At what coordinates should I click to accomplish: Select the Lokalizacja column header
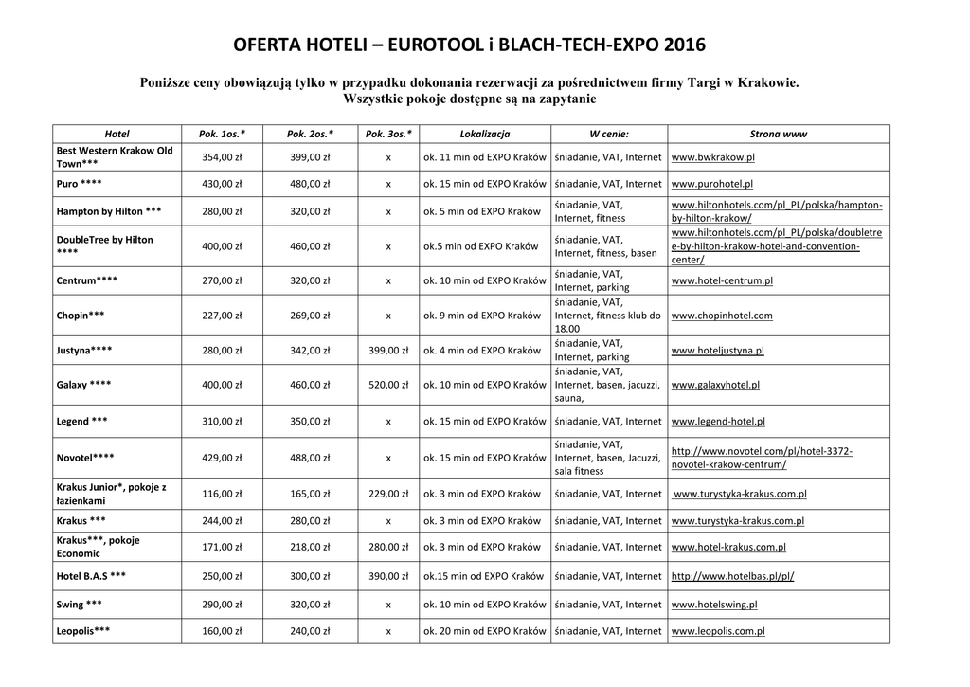coord(484,134)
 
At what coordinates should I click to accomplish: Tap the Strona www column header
coord(778,134)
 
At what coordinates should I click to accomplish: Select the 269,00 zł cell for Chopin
coord(310,316)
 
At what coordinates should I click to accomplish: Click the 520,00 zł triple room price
coord(388,385)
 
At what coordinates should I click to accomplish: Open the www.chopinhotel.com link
coord(721,316)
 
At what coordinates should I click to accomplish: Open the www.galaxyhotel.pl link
coord(714,385)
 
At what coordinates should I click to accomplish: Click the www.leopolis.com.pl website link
coord(717,630)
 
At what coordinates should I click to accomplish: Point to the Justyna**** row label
coord(84,351)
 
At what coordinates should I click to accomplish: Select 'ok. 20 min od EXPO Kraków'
coord(484,630)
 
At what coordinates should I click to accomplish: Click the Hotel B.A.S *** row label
coord(91,576)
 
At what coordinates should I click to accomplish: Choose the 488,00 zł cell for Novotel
coord(310,458)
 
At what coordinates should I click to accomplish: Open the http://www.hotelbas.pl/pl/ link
coord(731,576)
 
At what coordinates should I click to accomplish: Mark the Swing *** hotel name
coord(80,605)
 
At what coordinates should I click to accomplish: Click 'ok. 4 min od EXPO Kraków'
coord(481,351)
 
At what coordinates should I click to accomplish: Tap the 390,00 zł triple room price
coord(388,576)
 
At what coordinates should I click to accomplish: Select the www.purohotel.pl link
coord(711,184)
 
